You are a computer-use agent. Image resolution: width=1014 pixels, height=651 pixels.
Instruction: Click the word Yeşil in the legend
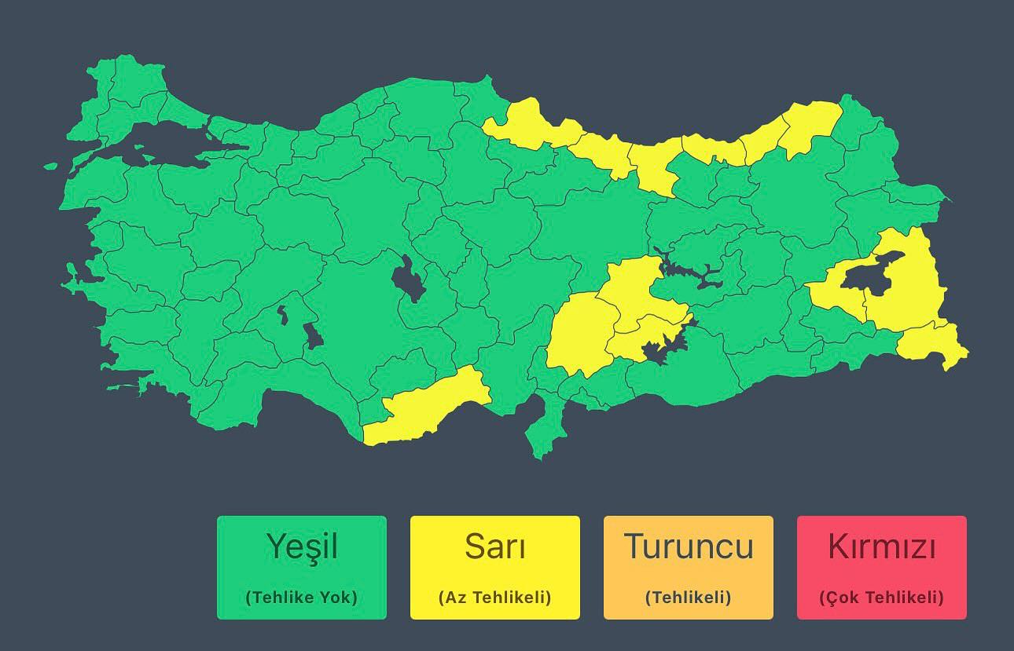pos(302,546)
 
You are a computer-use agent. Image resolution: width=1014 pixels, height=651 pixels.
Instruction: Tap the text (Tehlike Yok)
pos(302,597)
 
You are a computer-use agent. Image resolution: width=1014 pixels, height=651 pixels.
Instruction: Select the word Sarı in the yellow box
pos(494,546)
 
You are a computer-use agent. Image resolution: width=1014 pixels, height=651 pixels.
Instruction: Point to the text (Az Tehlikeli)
pos(494,597)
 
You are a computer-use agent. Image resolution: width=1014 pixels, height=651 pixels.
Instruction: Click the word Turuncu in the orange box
pos(688,546)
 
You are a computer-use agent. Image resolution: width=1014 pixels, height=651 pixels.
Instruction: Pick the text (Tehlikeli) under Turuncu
pos(688,597)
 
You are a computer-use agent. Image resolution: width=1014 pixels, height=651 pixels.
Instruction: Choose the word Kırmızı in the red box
pos(881,546)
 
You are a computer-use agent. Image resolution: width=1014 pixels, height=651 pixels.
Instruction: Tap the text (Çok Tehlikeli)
pos(881,597)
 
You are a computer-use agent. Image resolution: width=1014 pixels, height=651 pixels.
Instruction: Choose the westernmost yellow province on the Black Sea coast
pos(523,126)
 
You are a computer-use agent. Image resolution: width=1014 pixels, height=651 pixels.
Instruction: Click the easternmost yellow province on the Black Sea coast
pos(810,126)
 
